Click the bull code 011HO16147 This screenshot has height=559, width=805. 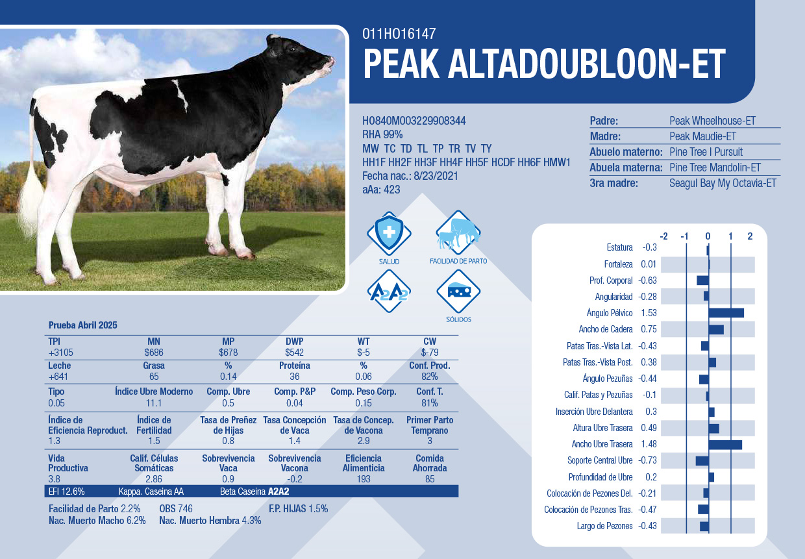(x=399, y=34)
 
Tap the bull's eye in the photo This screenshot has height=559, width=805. (x=292, y=49)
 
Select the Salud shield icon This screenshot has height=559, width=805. (x=389, y=233)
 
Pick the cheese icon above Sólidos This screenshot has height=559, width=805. (x=458, y=291)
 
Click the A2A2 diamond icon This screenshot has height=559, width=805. (x=389, y=291)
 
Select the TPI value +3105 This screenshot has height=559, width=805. (x=61, y=353)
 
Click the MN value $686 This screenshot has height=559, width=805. (x=154, y=353)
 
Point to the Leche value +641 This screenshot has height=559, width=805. (x=58, y=377)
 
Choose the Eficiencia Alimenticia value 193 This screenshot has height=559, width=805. (x=364, y=479)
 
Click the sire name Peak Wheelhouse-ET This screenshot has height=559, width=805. (x=712, y=121)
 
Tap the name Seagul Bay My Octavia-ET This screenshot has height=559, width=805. (x=723, y=183)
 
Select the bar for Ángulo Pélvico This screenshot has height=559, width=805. (x=726, y=313)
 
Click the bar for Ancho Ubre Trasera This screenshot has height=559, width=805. (x=725, y=445)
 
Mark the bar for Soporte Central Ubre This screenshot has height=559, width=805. (x=702, y=461)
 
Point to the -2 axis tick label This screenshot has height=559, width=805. (x=663, y=236)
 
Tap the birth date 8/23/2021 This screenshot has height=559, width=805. (x=436, y=176)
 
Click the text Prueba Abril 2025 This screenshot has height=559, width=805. (x=82, y=325)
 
